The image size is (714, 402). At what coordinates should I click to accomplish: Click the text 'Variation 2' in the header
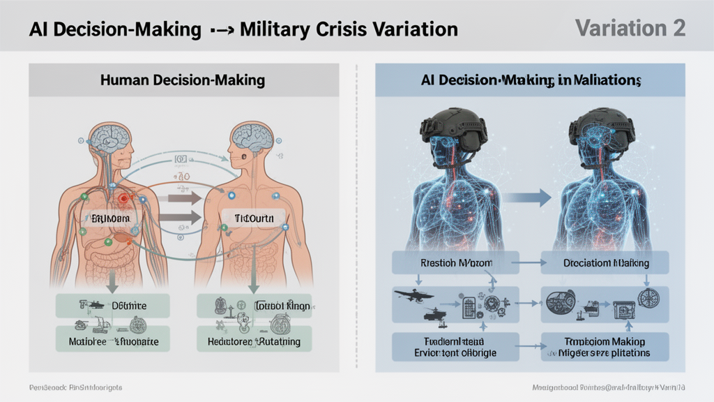click(x=630, y=28)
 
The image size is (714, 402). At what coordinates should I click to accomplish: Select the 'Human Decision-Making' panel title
click(x=183, y=80)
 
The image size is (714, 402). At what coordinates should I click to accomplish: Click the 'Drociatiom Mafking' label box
click(x=605, y=264)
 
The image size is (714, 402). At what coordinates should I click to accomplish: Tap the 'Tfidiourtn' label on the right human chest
click(x=249, y=218)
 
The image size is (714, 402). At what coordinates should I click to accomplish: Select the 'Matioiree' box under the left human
click(x=112, y=340)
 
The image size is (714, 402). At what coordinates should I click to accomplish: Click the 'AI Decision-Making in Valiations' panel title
click(x=531, y=80)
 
